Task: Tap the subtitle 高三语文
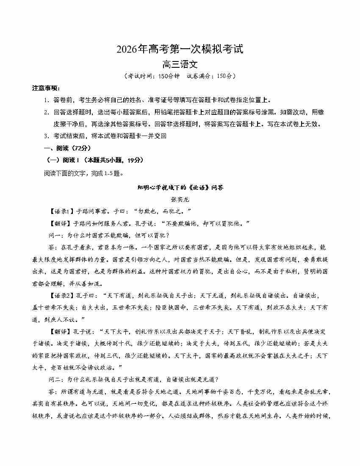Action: pyautogui.click(x=180, y=65)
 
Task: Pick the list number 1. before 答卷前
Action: pyautogui.click(x=47, y=100)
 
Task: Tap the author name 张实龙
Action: pyautogui.click(x=180, y=198)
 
